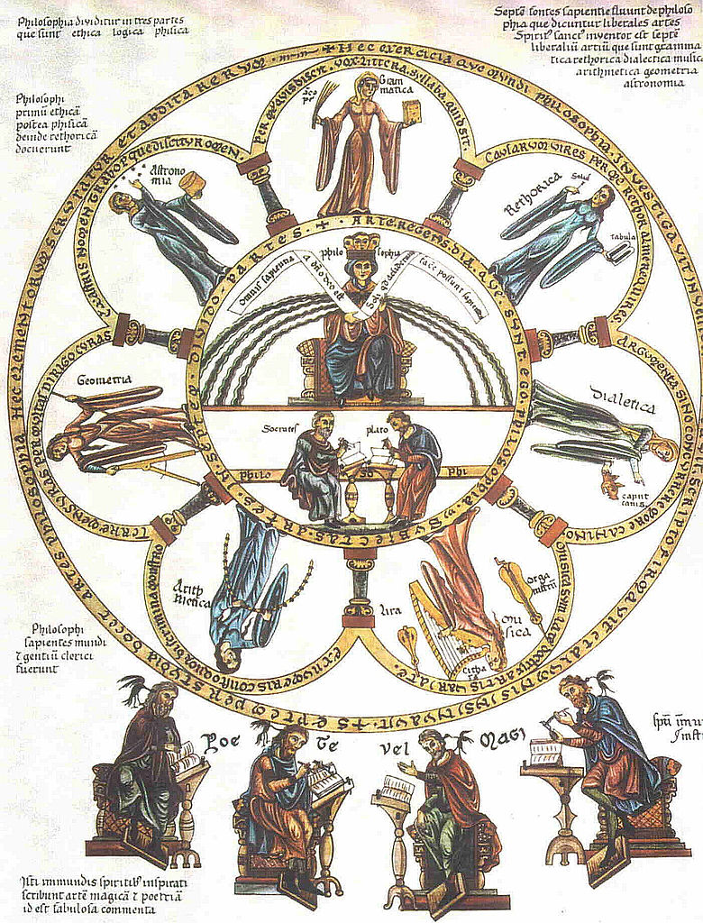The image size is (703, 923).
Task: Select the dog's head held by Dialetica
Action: point(612,485)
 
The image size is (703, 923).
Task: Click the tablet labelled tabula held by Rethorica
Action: point(619,250)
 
